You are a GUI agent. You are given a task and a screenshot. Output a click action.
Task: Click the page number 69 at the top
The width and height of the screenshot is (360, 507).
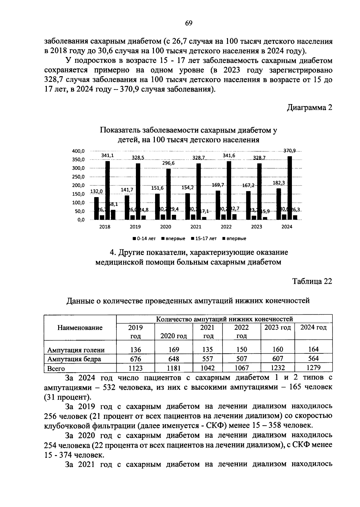[189, 23]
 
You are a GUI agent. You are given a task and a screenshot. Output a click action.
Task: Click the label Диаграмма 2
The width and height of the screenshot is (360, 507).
[310, 107]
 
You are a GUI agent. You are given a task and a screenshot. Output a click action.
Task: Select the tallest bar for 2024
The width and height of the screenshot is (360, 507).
[290, 187]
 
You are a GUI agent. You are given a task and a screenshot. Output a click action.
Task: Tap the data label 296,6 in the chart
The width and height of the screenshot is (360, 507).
[168, 163]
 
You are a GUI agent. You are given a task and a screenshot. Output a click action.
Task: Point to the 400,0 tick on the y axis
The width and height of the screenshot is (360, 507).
[79, 151]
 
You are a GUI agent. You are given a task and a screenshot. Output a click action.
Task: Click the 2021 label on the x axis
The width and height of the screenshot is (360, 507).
[196, 227]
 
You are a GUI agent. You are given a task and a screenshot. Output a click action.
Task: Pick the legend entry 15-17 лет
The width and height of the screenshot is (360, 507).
[205, 238]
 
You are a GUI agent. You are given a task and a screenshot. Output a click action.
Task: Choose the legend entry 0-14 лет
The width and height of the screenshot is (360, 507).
[145, 238]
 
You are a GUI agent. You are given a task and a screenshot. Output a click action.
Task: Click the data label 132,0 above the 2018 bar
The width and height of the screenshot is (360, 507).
[96, 191]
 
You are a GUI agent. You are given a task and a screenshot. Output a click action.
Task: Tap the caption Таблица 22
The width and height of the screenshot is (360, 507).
[312, 281]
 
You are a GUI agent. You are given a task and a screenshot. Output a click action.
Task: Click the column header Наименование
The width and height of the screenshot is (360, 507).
[80, 328]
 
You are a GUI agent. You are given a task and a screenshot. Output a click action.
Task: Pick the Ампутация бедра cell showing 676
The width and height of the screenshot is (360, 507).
[136, 359]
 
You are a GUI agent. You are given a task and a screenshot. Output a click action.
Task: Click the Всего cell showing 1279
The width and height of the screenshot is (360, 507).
[313, 368]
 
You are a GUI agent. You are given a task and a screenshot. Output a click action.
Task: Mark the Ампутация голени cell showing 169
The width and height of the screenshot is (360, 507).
[174, 349]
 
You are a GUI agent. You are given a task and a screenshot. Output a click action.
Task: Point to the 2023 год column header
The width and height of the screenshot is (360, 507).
[277, 328]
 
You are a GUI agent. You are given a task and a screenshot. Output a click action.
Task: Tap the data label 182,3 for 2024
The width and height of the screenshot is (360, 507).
[279, 182]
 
